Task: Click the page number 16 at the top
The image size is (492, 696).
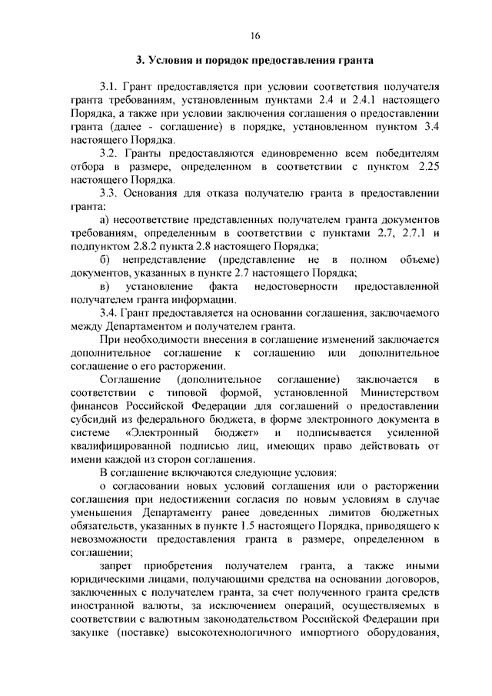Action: click(x=255, y=35)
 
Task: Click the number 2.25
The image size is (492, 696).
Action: click(x=424, y=168)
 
